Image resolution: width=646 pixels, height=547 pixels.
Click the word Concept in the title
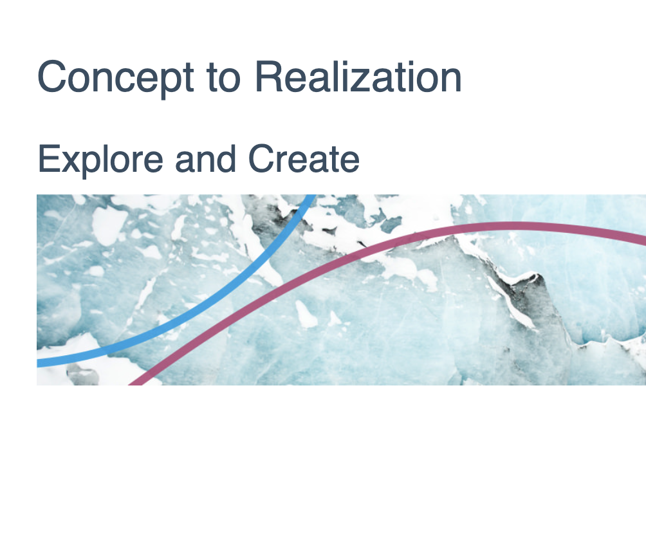[115, 77]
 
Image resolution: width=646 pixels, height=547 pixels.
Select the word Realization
[358, 77]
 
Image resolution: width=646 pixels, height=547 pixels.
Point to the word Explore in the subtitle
[100, 160]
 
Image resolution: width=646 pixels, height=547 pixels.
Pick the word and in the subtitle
[206, 158]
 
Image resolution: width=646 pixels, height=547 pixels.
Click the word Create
[304, 158]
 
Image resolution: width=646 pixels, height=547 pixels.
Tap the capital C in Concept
[51, 77]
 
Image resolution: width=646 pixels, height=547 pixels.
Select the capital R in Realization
[268, 77]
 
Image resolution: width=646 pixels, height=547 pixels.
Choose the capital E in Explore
[49, 159]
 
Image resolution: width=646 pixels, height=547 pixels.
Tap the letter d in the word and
[226, 158]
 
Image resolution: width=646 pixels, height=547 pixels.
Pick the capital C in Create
[261, 158]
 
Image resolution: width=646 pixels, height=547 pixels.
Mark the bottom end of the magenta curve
[135, 384]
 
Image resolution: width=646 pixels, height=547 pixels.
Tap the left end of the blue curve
[38, 363]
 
